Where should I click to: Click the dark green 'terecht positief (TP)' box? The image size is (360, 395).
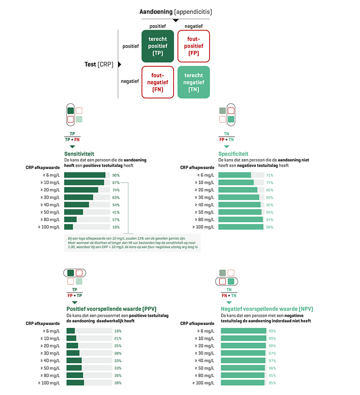tap(158, 46)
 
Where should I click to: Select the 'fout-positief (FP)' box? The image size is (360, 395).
tap(193, 46)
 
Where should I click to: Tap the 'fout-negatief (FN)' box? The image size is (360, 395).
tap(158, 82)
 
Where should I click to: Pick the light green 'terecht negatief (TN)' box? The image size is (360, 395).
tap(193, 82)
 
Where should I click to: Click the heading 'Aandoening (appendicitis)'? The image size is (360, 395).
tap(176, 11)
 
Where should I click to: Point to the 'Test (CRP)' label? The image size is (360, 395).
tap(100, 64)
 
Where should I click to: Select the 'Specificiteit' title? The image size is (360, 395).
tap(233, 154)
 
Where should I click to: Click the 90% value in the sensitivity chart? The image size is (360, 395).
tap(116, 175)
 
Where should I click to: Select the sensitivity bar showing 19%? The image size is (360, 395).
tap(69, 227)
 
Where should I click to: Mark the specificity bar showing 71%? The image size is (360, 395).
tap(234, 175)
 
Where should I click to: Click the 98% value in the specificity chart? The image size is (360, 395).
tap(270, 227)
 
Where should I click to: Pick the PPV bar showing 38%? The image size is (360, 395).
tap(75, 383)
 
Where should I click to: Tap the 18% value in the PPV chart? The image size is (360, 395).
tap(117, 331)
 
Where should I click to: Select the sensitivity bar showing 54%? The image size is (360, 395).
tap(76, 205)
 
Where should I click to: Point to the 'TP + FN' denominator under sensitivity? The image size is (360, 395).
tap(72, 140)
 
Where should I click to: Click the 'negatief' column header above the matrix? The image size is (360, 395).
tap(193, 26)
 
